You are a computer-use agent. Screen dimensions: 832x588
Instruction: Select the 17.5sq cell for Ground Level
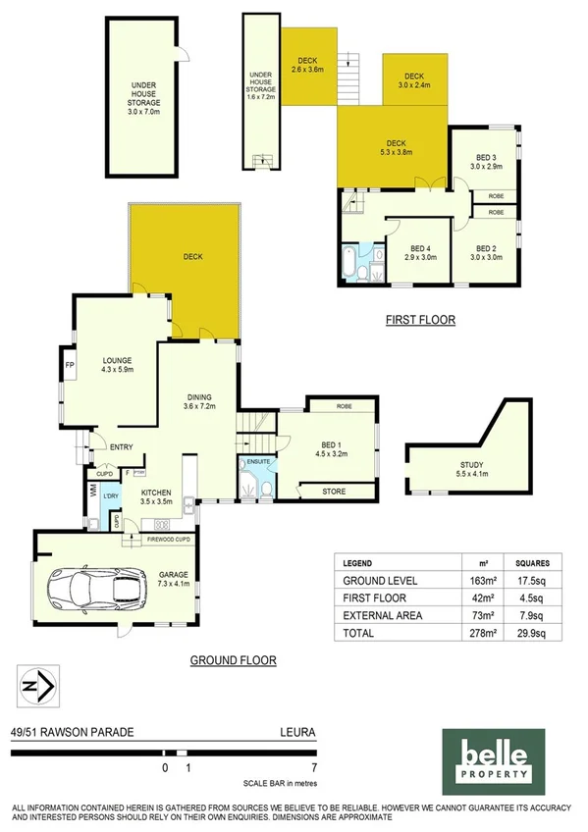531,580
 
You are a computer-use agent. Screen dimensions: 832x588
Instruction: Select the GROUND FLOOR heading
233,660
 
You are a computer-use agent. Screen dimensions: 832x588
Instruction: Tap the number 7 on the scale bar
313,767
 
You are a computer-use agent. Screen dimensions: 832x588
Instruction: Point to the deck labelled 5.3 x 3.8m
395,147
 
